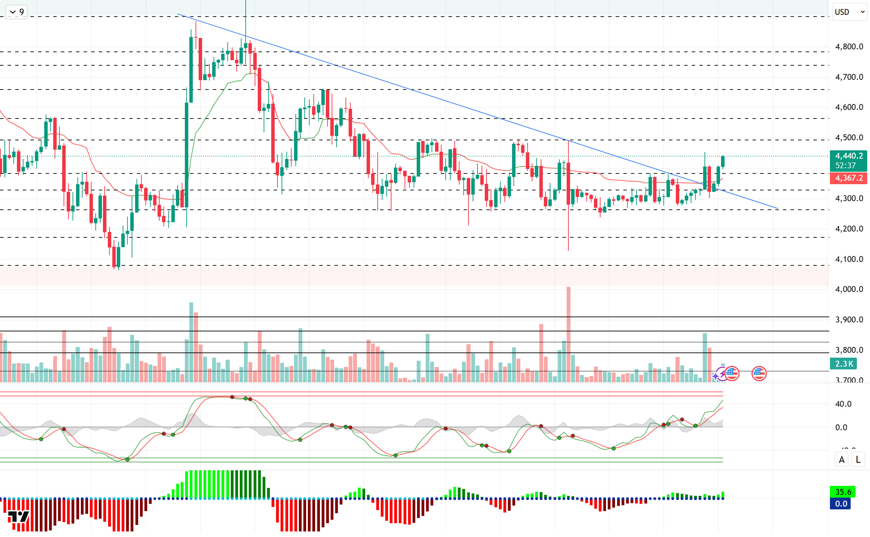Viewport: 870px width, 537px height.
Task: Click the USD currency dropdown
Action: pyautogui.click(x=849, y=12)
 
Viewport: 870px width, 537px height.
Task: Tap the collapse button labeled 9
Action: pyautogui.click(x=17, y=12)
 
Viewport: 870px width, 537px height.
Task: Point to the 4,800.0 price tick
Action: pyautogui.click(x=849, y=47)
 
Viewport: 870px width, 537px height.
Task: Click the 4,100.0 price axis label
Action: pyautogui.click(x=849, y=259)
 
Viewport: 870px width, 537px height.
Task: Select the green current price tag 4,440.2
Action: pyautogui.click(x=848, y=156)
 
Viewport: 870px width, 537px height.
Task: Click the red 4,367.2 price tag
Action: pyautogui.click(x=848, y=178)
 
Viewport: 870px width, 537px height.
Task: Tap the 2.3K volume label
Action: pyautogui.click(x=843, y=364)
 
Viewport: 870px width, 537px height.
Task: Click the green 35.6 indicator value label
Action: pyautogui.click(x=843, y=492)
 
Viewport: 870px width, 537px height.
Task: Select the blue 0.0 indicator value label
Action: pyautogui.click(x=841, y=503)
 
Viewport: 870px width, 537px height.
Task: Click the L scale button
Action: pyautogui.click(x=858, y=460)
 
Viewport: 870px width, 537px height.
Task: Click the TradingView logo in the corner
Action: pyautogui.click(x=18, y=516)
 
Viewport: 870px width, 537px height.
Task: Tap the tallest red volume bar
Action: pyautogui.click(x=568, y=334)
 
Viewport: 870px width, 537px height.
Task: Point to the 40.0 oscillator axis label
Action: pyautogui.click(x=843, y=404)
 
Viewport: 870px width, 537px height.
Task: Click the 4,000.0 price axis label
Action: pyautogui.click(x=849, y=290)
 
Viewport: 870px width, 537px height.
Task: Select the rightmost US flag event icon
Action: pyautogui.click(x=759, y=374)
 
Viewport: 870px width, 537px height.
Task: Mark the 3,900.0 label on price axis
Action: pyautogui.click(x=849, y=320)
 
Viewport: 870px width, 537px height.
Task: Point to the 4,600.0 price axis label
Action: pyautogui.click(x=849, y=107)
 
